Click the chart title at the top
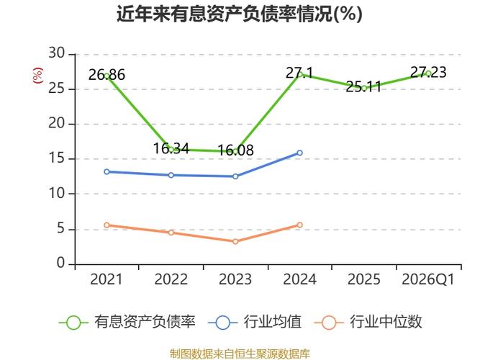[240, 14]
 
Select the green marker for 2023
[235, 151]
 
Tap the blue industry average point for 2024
[299, 153]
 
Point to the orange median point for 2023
[235, 241]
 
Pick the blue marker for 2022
[171, 175]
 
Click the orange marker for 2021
[107, 225]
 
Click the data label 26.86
[107, 74]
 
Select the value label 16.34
[171, 149]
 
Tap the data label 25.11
[364, 87]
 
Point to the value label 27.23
[428, 72]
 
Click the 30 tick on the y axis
[57, 54]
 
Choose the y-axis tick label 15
[57, 159]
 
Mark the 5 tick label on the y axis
[61, 229]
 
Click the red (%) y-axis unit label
[38, 75]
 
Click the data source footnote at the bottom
[240, 354]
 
